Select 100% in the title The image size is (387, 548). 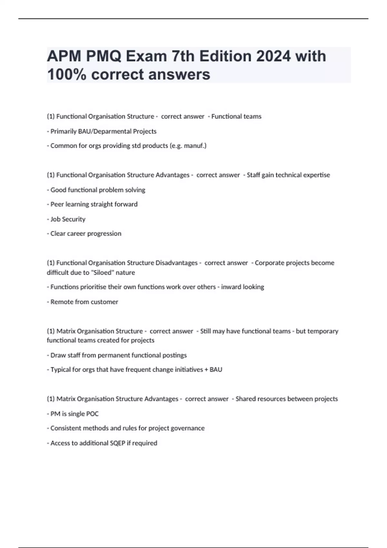67,74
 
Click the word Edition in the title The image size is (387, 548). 225,56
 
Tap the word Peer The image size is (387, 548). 57,204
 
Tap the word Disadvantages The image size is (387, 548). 176,263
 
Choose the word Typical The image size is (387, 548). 61,370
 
